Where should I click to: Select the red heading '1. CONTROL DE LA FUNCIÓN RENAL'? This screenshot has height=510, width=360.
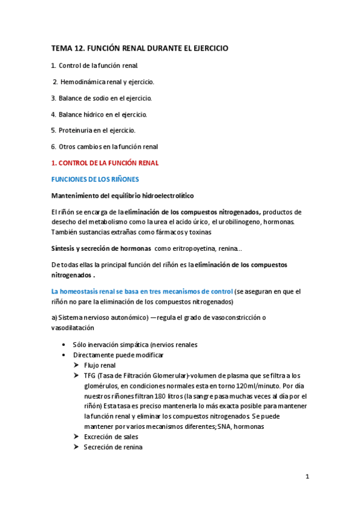coord(106,162)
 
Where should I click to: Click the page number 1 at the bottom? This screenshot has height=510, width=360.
coord(307,476)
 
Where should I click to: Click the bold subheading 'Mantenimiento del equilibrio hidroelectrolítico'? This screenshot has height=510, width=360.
coord(123,195)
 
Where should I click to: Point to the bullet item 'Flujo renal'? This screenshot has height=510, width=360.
coord(100,364)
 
